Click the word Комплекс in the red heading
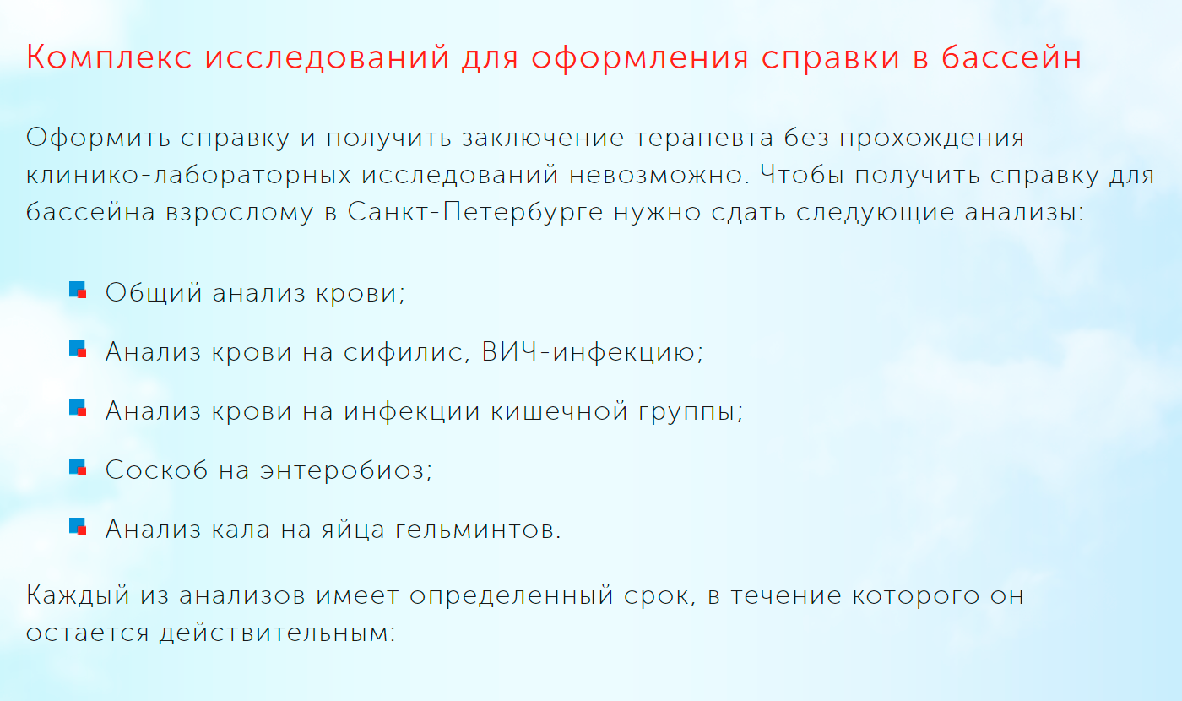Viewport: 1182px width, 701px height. tap(109, 57)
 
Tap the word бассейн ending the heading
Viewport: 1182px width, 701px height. tap(1011, 57)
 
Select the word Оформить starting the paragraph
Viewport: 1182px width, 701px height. tap(98, 138)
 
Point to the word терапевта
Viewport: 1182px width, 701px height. tap(703, 139)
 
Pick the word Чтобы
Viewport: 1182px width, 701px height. tap(801, 174)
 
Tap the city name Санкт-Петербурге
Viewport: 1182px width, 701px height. tap(474, 212)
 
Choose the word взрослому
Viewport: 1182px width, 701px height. tap(240, 213)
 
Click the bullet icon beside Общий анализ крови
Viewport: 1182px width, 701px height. tap(78, 291)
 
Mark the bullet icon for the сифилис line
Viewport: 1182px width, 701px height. tap(78, 350)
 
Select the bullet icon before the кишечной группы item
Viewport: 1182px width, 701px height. tap(78, 409)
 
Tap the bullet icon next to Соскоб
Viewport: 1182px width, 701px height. tap(78, 468)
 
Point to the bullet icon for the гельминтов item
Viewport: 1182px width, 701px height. tap(78, 527)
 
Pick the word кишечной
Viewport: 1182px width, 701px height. tap(559, 411)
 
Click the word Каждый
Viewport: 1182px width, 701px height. tap(78, 595)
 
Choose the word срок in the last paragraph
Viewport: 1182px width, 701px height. tap(660, 596)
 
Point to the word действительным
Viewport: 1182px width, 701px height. tap(278, 633)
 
